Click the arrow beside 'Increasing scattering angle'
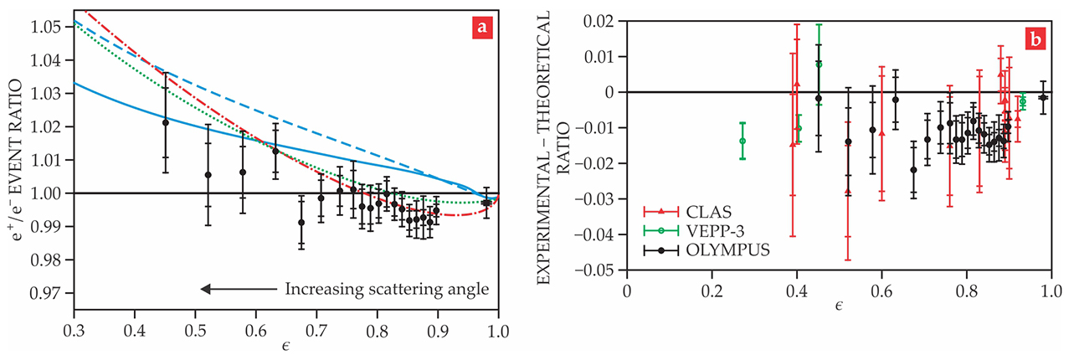click(238, 290)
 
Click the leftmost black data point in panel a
click(166, 122)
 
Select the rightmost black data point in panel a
click(486, 203)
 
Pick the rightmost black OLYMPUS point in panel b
click(1043, 97)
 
